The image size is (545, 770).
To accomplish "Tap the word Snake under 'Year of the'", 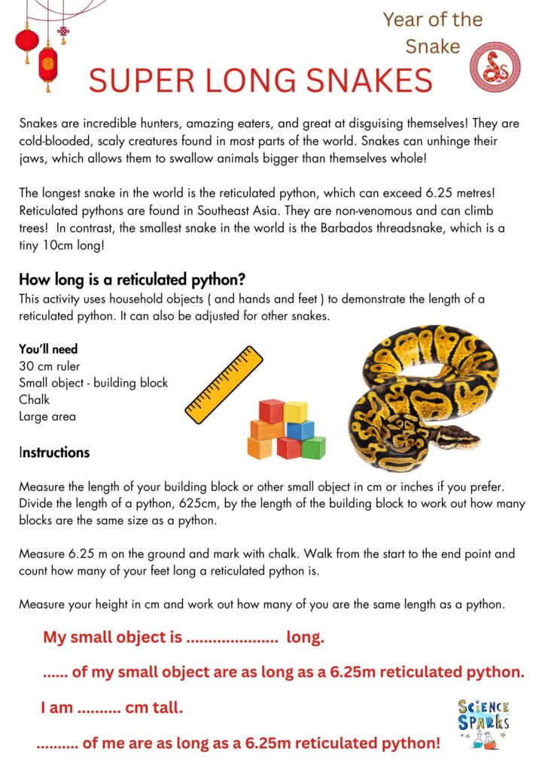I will coord(432,47).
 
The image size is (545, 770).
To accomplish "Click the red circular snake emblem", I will coord(495,67).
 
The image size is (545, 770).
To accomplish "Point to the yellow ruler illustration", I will coord(224,384).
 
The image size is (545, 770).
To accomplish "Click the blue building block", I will coord(300,430).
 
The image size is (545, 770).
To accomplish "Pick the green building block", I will coord(313,447).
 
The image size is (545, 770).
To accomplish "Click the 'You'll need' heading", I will coord(48,350).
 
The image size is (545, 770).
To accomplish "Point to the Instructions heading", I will coord(54,453).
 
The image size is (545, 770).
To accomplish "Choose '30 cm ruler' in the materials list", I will coord(50,366).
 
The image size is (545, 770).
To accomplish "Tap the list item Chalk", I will coord(34,399).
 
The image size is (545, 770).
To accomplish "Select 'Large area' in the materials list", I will coord(47,416).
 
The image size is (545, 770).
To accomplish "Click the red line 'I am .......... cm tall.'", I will coord(111,708).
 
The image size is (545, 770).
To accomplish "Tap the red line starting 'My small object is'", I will coord(183,638).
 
